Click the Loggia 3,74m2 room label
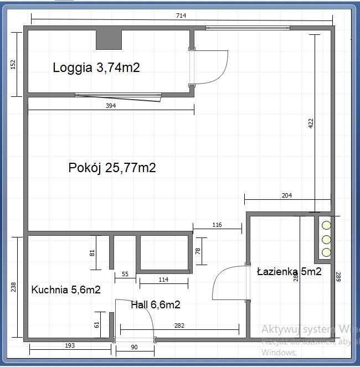pyautogui.click(x=96, y=68)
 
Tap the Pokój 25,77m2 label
pyautogui.click(x=112, y=168)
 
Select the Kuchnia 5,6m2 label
pyautogui.click(x=66, y=290)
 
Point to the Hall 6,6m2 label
pyautogui.click(x=156, y=304)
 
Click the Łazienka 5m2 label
pyautogui.click(x=289, y=271)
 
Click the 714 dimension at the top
pyautogui.click(x=181, y=16)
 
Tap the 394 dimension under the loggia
pyautogui.click(x=110, y=106)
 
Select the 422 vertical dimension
pyautogui.click(x=310, y=123)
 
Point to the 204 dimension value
pyautogui.click(x=287, y=195)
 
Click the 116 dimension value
pyautogui.click(x=217, y=225)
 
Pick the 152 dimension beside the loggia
pyautogui.click(x=13, y=64)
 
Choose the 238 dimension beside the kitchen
pyautogui.click(x=13, y=287)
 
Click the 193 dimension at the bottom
pyautogui.click(x=69, y=345)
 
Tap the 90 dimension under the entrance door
pyautogui.click(x=134, y=347)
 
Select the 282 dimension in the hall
pyautogui.click(x=179, y=327)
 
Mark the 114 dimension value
pyautogui.click(x=163, y=280)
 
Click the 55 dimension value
pyautogui.click(x=125, y=275)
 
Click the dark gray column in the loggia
pyautogui.click(x=109, y=39)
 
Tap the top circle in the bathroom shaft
pyautogui.click(x=326, y=225)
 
